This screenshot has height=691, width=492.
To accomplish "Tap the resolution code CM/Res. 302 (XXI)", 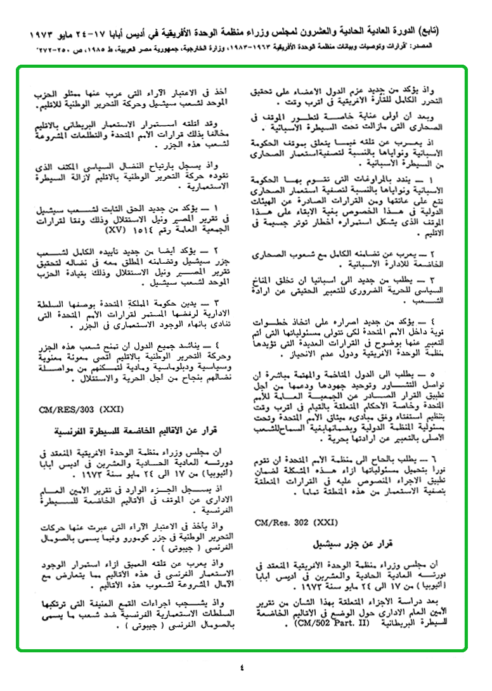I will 291,524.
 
